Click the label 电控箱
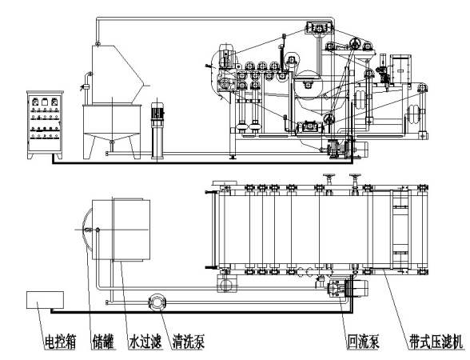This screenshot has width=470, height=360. click(60, 342)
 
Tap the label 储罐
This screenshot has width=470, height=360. click(103, 342)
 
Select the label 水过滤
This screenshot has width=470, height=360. click(145, 342)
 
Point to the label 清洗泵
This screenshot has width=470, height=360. click(189, 342)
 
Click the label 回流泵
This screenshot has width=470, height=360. click(363, 342)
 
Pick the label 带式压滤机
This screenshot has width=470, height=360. click(436, 342)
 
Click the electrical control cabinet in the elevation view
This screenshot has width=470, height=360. click(45, 125)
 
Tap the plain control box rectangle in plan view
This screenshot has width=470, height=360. click(45, 300)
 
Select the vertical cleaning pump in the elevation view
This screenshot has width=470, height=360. click(157, 130)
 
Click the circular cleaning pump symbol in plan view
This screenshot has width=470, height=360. click(157, 302)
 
